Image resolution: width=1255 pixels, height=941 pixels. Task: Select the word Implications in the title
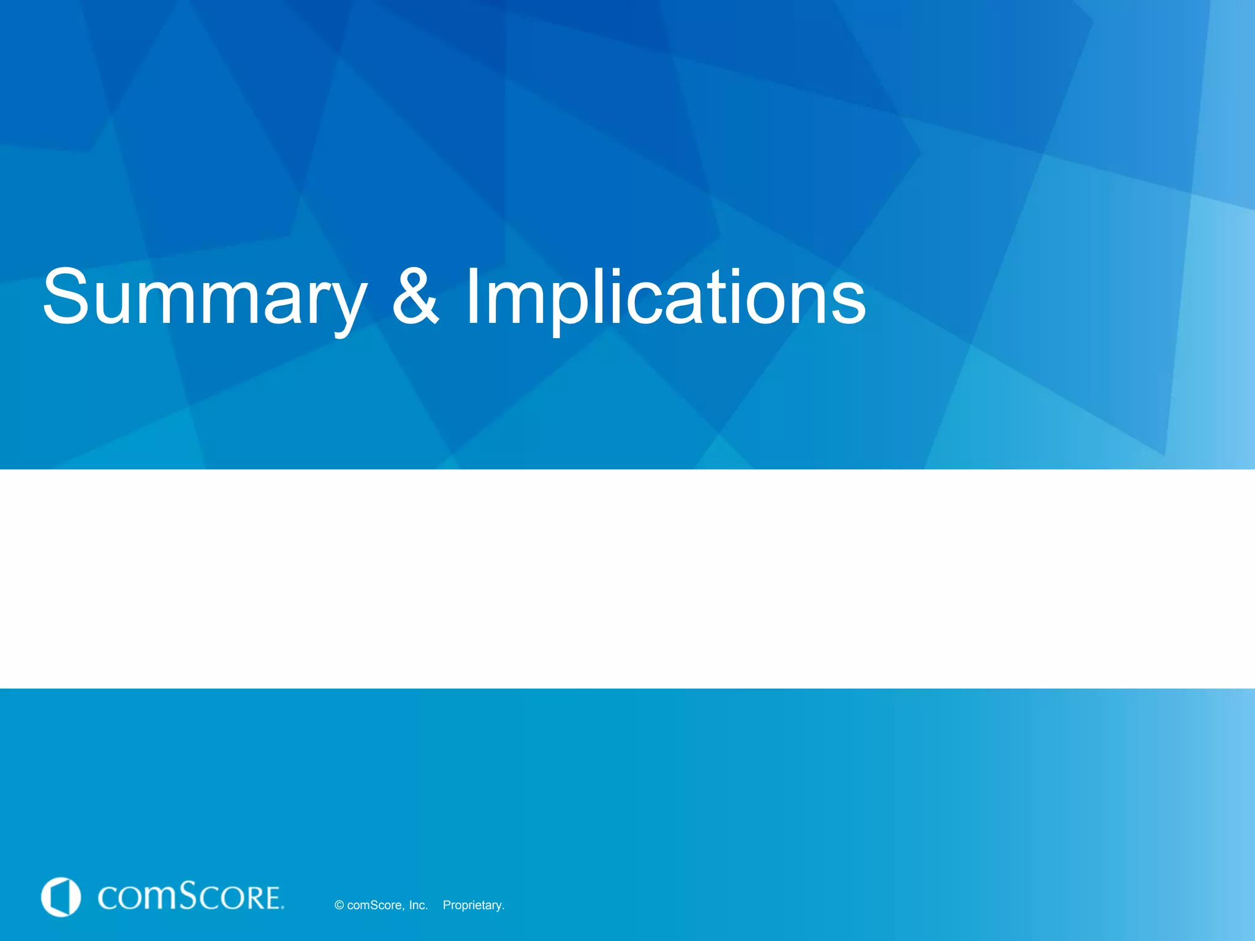pyautogui.click(x=665, y=298)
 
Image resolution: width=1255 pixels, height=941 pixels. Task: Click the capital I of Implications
pyautogui.click(x=472, y=297)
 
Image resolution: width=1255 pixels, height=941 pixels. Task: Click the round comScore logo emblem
pyautogui.click(x=61, y=897)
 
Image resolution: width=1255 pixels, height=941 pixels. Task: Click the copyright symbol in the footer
pyautogui.click(x=339, y=905)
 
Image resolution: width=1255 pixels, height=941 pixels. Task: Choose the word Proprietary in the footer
pyautogui.click(x=473, y=905)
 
